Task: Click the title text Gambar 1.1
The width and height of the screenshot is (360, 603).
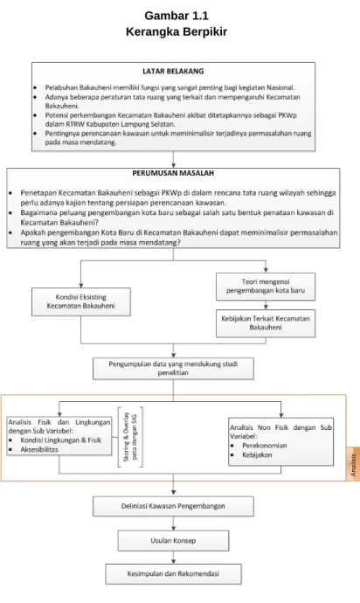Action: pos(177,16)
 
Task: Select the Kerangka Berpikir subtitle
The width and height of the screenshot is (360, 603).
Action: pos(177,31)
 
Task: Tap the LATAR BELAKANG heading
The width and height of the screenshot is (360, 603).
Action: pos(173,71)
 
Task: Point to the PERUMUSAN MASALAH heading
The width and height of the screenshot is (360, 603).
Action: pos(173,173)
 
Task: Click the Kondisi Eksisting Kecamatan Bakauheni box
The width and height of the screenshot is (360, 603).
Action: pos(80,301)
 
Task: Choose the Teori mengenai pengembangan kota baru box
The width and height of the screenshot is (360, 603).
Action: pos(266,287)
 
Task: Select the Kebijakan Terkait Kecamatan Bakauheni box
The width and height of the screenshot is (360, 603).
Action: pos(266,323)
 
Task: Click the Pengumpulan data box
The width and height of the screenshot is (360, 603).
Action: pos(173,369)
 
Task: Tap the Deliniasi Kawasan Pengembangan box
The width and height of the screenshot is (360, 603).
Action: pos(173,506)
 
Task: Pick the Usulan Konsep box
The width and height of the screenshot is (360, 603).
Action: pos(173,541)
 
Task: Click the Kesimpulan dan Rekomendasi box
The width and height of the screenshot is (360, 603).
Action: pos(173,574)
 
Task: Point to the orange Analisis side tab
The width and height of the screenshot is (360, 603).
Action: pos(353,464)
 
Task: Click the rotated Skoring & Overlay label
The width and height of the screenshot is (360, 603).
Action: pos(130,437)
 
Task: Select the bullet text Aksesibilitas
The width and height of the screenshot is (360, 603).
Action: pos(39,449)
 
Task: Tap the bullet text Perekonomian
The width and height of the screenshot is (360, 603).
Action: pos(265,446)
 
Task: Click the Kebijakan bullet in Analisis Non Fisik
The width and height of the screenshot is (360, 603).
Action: pos(257,455)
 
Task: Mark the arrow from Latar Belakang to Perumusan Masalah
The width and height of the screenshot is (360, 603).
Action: pos(173,159)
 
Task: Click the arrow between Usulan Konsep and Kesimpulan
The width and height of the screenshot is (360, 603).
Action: pos(174,558)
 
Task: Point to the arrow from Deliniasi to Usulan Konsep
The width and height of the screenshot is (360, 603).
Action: pos(174,523)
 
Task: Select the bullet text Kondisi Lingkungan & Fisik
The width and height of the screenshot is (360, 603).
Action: pos(61,440)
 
